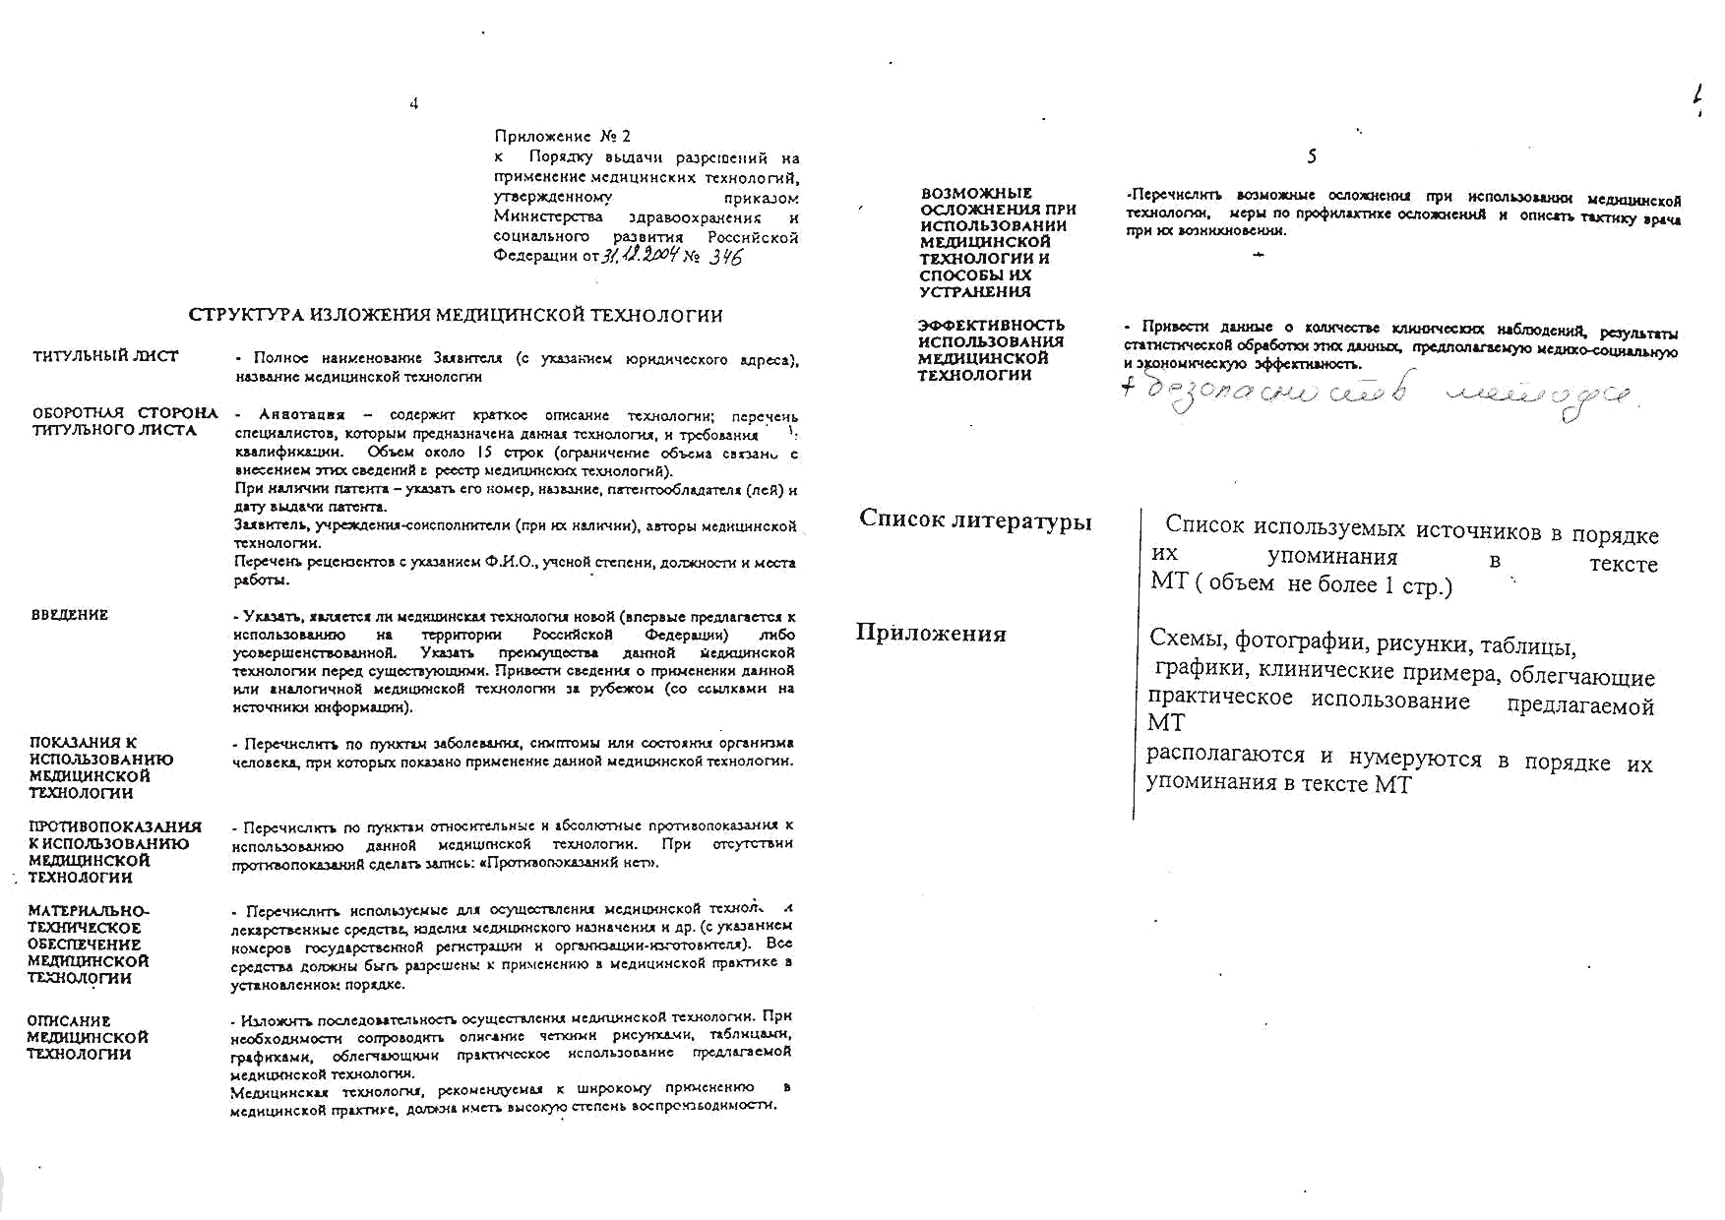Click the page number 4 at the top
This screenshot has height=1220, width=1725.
coord(414,103)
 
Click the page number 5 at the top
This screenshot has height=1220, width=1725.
coord(1312,156)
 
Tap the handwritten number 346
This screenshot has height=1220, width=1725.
coord(725,257)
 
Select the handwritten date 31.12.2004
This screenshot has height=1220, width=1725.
coord(641,256)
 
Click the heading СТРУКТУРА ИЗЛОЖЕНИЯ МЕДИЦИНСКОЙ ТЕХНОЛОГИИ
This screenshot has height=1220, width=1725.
coord(456,316)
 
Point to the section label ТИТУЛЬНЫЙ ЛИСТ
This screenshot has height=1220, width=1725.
coord(105,356)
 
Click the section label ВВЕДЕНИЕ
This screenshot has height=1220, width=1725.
coord(70,615)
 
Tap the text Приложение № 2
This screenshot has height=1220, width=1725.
coord(562,136)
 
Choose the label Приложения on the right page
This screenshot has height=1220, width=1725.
coord(931,633)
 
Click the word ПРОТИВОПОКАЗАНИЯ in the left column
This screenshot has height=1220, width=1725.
coord(115,826)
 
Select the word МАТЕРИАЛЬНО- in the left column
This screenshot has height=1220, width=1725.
coord(89,911)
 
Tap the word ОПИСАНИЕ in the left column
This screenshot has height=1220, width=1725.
coord(69,1021)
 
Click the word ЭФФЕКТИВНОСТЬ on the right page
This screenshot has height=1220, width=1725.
coord(991,325)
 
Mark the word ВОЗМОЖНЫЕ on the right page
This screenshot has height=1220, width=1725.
coord(976,193)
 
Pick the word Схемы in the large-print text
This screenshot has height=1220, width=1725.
coord(1186,640)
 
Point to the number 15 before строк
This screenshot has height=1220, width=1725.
coord(483,453)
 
